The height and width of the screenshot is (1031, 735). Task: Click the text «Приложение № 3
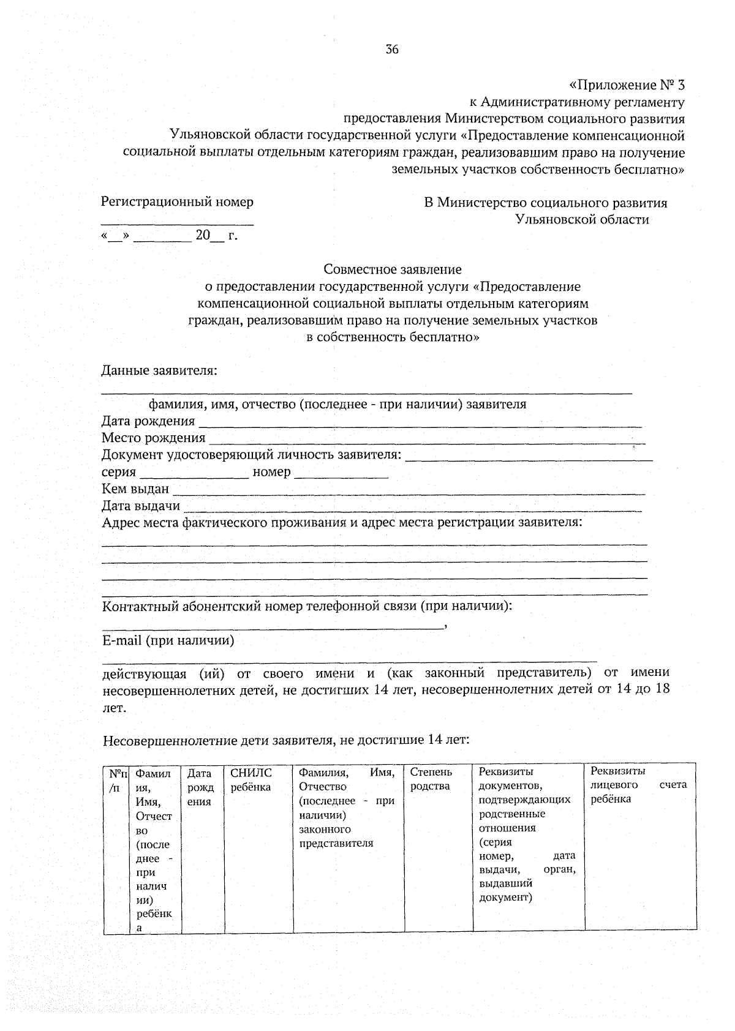pos(626,84)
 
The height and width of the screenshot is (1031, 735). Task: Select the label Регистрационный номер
pos(177,202)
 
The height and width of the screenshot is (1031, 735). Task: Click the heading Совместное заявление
pos(392,269)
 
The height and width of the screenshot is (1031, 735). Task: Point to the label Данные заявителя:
pos(159,370)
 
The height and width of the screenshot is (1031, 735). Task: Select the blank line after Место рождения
pos(426,441)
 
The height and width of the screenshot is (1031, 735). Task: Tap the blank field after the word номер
pos(341,475)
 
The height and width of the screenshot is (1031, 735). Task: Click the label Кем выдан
pos(135,489)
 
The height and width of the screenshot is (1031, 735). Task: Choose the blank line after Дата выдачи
pos(413,508)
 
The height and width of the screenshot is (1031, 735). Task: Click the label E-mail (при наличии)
pos(168,641)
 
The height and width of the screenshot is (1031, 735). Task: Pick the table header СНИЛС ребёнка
pos(251,780)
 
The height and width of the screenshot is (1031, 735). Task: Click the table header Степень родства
pos(431,779)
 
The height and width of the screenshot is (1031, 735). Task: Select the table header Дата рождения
pos(200,787)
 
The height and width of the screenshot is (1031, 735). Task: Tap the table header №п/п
pos(118,780)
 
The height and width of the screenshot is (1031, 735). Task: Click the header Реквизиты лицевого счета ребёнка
pos(639,785)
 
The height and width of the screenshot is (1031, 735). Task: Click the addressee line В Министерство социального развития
pos(545,203)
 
